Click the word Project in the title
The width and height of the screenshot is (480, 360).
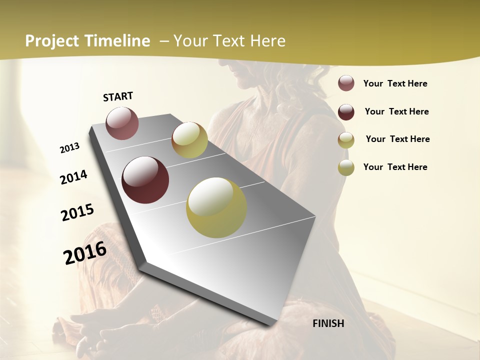(x=52, y=41)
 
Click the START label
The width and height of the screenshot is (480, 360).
(x=118, y=96)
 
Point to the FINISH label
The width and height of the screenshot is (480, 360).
(x=328, y=323)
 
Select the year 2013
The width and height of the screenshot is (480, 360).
(x=70, y=148)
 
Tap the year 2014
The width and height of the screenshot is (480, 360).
(x=73, y=177)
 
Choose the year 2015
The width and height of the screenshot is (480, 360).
(x=77, y=212)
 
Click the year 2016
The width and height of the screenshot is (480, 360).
(x=85, y=253)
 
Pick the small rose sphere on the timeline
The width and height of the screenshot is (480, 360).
(x=122, y=123)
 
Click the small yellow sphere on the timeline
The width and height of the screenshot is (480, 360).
(x=189, y=140)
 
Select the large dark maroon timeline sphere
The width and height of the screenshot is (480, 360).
(x=145, y=180)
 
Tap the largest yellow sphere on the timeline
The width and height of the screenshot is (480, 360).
(x=216, y=207)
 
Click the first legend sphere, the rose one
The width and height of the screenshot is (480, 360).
(x=346, y=83)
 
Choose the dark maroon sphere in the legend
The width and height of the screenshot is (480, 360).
(x=346, y=111)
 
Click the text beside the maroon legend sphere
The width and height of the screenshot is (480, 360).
(x=396, y=111)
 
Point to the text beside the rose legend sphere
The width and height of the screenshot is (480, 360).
(x=395, y=83)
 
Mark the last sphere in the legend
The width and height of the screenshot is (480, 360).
(x=346, y=167)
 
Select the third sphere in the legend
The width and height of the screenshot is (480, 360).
(x=346, y=139)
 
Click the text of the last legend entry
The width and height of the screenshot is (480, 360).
(x=395, y=167)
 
